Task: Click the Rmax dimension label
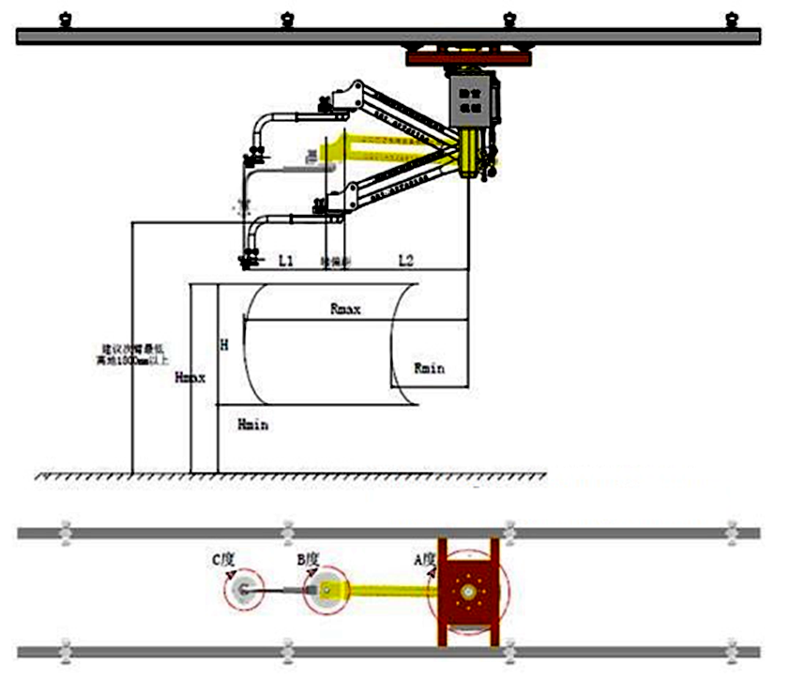click(346, 308)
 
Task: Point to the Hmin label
click(253, 425)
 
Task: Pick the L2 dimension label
click(406, 261)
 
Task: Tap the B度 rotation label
click(309, 559)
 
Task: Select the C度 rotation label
click(222, 559)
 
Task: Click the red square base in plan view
click(467, 591)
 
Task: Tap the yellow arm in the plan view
click(385, 591)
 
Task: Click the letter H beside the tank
click(223, 345)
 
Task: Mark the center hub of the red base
click(466, 591)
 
